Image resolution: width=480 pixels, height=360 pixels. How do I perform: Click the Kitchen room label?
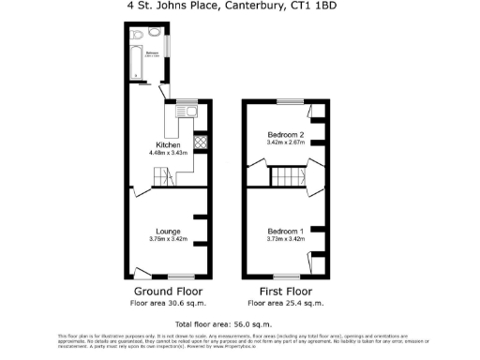tap(169, 145)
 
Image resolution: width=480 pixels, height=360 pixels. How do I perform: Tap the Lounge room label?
tap(169, 231)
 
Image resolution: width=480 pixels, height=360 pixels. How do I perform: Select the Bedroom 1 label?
tap(286, 232)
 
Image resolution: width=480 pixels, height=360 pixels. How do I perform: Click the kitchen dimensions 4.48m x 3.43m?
tap(169, 153)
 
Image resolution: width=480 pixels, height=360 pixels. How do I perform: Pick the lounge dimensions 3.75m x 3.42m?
tap(169, 239)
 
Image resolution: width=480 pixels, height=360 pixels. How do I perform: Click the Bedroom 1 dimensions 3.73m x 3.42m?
tap(286, 239)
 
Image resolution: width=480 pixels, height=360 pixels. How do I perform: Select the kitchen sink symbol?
tap(190, 113)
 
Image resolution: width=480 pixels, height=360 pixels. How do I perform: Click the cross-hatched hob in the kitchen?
tap(199, 142)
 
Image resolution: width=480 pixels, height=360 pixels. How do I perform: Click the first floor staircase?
tap(284, 177)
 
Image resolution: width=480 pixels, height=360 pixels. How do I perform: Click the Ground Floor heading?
tap(169, 292)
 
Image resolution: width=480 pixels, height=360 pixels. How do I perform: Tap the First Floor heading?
tap(286, 292)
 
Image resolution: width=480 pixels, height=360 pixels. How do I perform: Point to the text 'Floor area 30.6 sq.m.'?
tap(169, 304)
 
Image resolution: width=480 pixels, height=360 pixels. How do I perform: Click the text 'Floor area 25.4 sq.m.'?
tap(286, 304)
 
